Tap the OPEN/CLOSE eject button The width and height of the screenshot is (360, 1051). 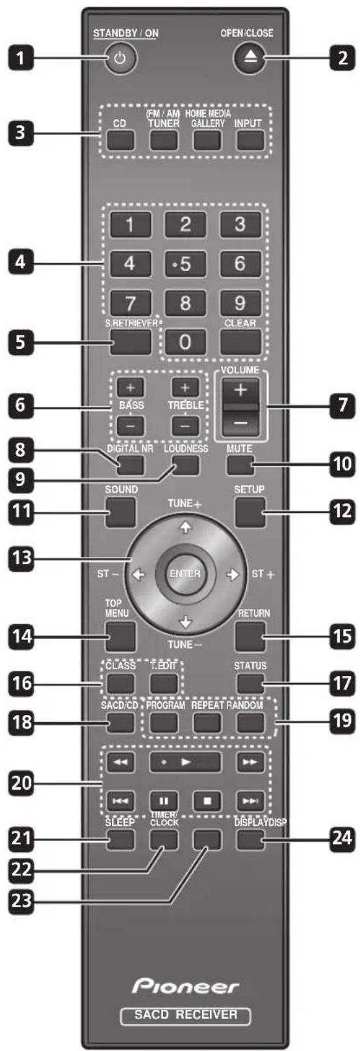click(x=247, y=58)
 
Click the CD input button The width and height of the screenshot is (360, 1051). click(x=121, y=140)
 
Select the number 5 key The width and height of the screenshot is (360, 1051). click(x=185, y=263)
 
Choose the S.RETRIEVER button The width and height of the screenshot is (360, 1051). click(x=129, y=341)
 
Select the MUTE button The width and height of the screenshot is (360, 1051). click(x=240, y=465)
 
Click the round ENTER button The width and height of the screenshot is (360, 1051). click(x=185, y=574)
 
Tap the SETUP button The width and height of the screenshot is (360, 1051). click(x=250, y=512)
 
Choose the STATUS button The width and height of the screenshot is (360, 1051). click(x=250, y=683)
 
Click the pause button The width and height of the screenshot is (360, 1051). click(x=164, y=801)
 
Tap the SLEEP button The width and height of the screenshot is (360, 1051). click(x=121, y=840)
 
